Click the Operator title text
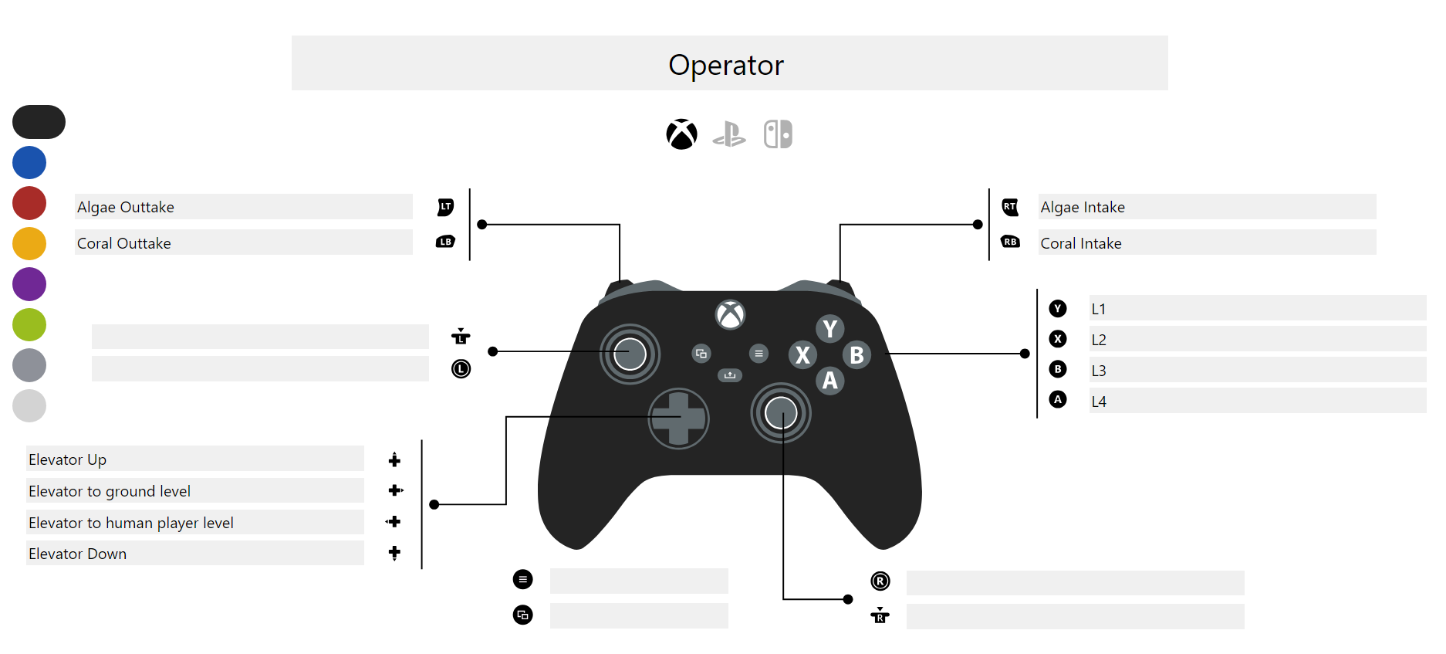pos(725,65)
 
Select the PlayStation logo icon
pos(729,134)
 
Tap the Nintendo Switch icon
pos(778,134)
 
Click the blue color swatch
pos(29,163)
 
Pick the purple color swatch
pos(29,284)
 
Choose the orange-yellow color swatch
pos(29,243)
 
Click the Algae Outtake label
pos(126,207)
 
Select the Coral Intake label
pos(1080,243)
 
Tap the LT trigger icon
pos(446,207)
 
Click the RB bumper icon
pos(1010,242)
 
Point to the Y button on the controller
pos(829,329)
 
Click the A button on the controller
pos(829,380)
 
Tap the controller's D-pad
pos(678,418)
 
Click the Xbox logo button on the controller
pos(730,314)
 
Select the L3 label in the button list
pos(1099,371)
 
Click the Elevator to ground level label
pos(110,491)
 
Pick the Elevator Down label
pos(78,554)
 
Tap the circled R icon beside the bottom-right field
pos(880,581)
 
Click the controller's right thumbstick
pos(781,412)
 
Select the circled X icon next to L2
pos(1058,339)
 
